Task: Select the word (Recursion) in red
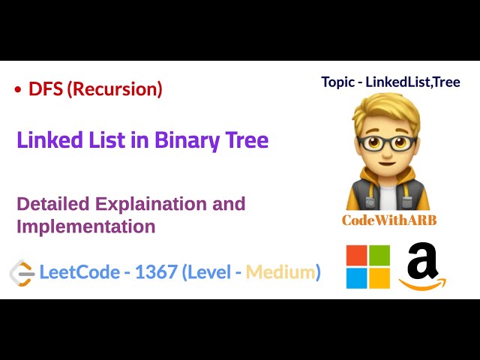click(115, 89)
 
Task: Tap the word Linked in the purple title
click(47, 140)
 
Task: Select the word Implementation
click(85, 226)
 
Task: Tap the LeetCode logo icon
click(22, 272)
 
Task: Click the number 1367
click(156, 272)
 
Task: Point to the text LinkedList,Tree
click(412, 82)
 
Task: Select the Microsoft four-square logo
click(367, 267)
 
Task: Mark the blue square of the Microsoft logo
click(357, 278)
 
